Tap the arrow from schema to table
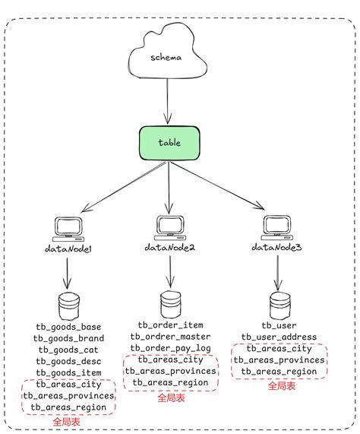[167, 106]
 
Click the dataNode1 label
[68, 249]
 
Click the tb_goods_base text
[68, 327]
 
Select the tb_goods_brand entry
[68, 338]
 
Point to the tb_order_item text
[170, 325]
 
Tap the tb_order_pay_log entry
[170, 347]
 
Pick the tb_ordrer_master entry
[170, 336]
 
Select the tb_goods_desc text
[68, 361]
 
